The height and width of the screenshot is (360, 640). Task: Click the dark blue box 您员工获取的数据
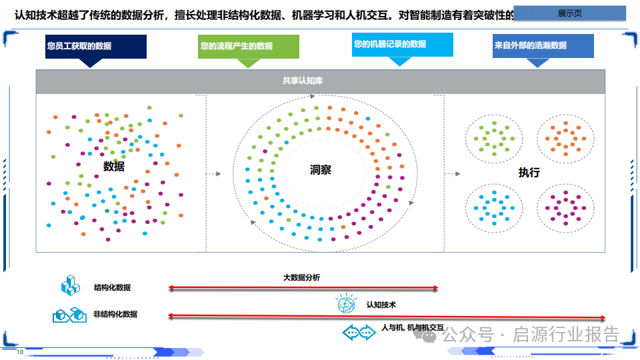(96, 47)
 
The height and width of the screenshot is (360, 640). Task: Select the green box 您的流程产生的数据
(249, 47)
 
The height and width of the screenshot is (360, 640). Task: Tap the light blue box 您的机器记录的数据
(402, 45)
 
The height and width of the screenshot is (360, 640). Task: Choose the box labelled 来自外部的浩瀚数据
(543, 46)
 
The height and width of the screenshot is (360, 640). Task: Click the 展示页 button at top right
(570, 13)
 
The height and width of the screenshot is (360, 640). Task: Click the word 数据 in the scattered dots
(114, 167)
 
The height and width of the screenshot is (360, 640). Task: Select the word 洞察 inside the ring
(320, 170)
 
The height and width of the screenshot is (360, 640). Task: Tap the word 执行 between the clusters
(529, 173)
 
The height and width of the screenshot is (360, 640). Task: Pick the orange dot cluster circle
(565, 138)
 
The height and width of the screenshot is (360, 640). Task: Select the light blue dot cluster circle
(494, 207)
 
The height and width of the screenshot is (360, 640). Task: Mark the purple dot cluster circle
(565, 207)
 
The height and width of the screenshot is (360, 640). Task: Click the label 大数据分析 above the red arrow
(301, 277)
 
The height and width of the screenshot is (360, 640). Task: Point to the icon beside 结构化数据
(70, 287)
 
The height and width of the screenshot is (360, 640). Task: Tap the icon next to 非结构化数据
(69, 314)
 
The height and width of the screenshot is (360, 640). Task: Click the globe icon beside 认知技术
(347, 305)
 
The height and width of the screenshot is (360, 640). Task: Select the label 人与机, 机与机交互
(413, 328)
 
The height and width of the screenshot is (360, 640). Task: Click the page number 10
(20, 352)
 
